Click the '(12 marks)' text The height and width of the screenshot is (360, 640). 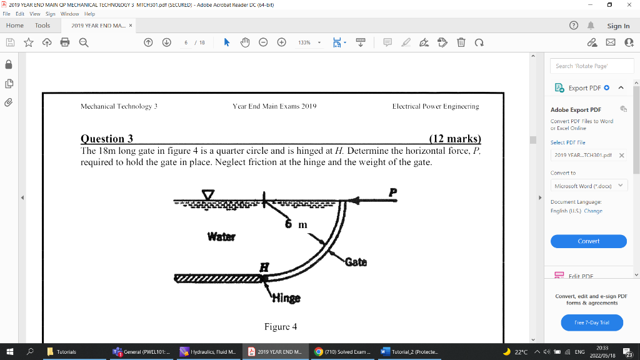(x=456, y=139)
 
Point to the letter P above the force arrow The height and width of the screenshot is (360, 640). (x=393, y=191)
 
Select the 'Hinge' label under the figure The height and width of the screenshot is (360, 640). (x=286, y=299)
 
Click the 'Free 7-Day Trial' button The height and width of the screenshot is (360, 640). (x=588, y=322)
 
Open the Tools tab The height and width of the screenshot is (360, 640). (x=42, y=26)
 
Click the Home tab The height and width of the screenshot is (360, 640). (x=15, y=26)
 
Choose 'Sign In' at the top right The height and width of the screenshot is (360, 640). (x=618, y=26)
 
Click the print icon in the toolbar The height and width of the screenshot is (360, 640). (x=64, y=42)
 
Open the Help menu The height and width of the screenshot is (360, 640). (x=89, y=13)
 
